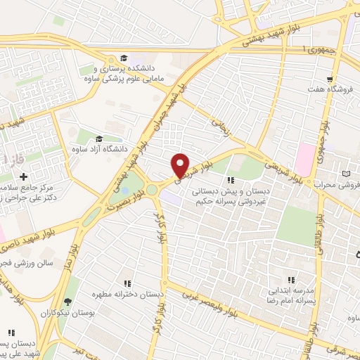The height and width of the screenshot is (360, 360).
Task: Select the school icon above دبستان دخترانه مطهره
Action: [127, 283]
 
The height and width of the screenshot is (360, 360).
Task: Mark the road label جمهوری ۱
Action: [317, 49]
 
